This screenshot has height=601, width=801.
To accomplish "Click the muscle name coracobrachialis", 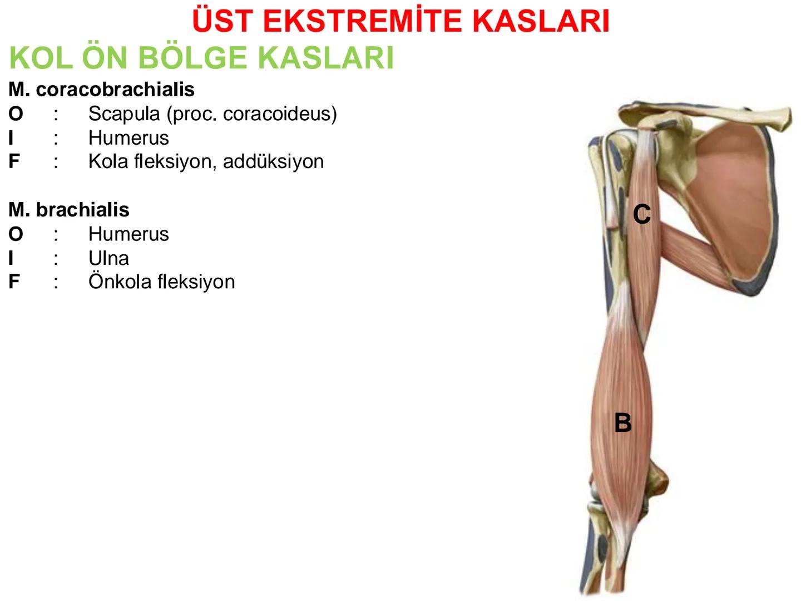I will click(115, 90).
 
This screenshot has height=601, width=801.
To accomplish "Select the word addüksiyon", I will click(273, 161).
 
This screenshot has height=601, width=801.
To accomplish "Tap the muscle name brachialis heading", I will click(82, 210).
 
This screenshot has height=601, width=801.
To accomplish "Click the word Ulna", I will click(108, 258).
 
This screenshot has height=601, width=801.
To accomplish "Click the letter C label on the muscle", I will click(642, 214).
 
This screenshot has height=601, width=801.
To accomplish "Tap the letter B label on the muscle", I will click(623, 423).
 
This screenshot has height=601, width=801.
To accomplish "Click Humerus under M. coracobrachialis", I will click(128, 138).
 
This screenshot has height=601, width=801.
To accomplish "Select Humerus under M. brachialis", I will click(128, 234).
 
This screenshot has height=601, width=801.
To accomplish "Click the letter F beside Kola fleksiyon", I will click(14, 161).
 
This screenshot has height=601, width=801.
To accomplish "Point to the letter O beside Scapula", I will click(16, 114).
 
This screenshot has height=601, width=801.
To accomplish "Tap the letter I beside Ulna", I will click(11, 258).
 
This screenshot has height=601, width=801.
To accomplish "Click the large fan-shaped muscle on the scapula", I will click(729, 189).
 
